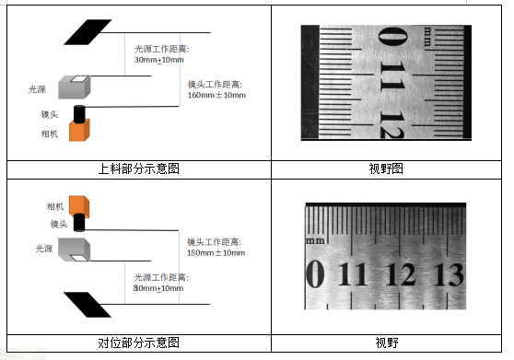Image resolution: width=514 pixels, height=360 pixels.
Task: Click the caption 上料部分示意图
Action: pyautogui.click(x=139, y=169)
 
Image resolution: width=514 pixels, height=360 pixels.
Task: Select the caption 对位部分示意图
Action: pyautogui.click(x=139, y=343)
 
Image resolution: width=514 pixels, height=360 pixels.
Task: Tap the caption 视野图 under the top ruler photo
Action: pyautogui.click(x=386, y=169)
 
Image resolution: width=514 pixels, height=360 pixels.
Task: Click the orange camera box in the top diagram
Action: pyautogui.click(x=79, y=131)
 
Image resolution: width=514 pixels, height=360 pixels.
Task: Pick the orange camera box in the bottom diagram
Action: pyautogui.click(x=79, y=206)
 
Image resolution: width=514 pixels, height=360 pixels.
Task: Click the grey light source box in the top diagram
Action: pyautogui.click(x=75, y=87)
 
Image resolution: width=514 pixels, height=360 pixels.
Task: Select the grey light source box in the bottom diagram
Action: pyautogui.click(x=74, y=250)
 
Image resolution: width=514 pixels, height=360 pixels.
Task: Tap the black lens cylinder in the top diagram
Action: pyautogui.click(x=78, y=114)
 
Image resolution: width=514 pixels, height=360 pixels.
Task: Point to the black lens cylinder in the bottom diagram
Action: pyautogui.click(x=78, y=223)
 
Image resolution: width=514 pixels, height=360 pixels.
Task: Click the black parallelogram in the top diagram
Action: pyautogui.click(x=88, y=32)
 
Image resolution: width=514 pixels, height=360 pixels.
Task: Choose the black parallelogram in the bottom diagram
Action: pyautogui.click(x=88, y=305)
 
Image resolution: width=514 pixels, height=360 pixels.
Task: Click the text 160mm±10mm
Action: pyautogui.click(x=216, y=96)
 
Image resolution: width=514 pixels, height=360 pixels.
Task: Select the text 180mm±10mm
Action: pyautogui.click(x=216, y=253)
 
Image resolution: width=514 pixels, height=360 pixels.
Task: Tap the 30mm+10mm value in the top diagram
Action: pyautogui.click(x=159, y=60)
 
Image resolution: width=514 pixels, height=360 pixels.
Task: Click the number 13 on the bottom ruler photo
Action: pyautogui.click(x=448, y=274)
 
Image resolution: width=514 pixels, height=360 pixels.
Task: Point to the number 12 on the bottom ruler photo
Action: pyautogui.click(x=401, y=274)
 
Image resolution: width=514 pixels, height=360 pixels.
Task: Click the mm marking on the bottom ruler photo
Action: pyautogui.click(x=315, y=240)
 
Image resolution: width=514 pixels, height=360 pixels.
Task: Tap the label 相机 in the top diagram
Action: pyautogui.click(x=50, y=134)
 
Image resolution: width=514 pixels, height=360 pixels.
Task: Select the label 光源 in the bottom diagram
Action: pyautogui.click(x=44, y=249)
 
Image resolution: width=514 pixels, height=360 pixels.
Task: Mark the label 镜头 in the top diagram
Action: pyautogui.click(x=50, y=114)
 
